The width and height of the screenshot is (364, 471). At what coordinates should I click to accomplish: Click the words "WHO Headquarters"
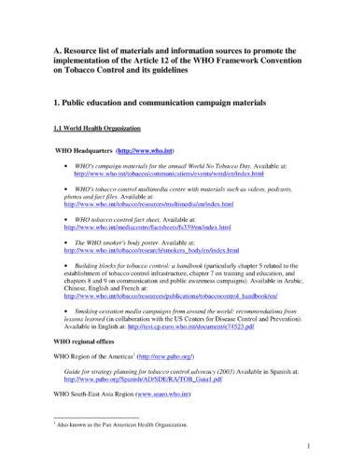pyautogui.click(x=85, y=149)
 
